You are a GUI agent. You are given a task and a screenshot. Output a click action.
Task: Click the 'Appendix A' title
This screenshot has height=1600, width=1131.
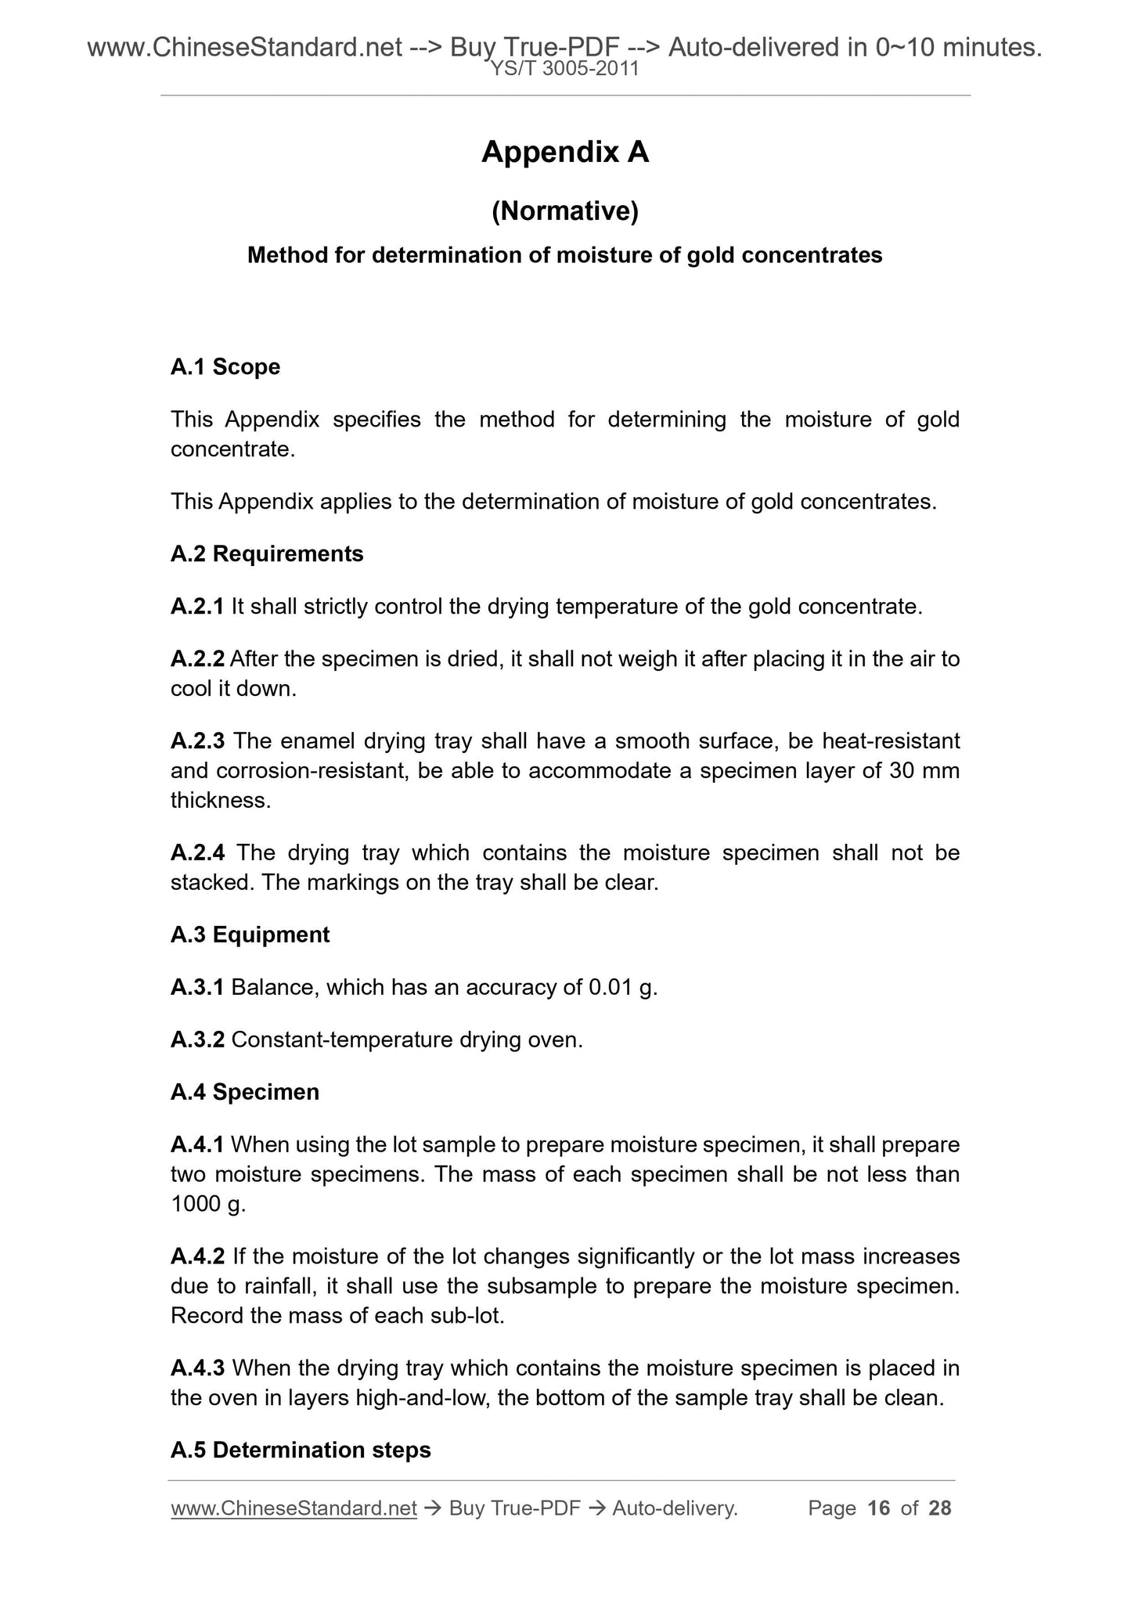coord(565,152)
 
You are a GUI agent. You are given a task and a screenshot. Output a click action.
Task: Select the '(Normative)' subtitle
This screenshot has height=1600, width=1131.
coord(565,211)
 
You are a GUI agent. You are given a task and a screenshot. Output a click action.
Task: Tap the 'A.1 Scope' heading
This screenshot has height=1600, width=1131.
coord(225,366)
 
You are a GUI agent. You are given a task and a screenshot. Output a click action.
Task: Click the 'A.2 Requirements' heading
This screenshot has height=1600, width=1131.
coord(267,554)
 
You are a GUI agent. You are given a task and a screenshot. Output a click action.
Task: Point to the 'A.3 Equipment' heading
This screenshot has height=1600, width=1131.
coord(250,935)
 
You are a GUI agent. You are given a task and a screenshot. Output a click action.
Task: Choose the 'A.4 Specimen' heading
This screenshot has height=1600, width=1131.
coord(245,1092)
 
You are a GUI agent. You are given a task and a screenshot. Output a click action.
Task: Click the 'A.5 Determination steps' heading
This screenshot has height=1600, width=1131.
coord(301,1450)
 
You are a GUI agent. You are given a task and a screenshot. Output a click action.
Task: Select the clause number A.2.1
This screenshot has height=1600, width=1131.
coord(197,607)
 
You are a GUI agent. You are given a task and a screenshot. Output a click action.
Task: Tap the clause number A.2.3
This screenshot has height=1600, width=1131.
coord(197,741)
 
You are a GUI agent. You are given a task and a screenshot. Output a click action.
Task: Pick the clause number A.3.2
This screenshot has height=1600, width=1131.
coord(197,1040)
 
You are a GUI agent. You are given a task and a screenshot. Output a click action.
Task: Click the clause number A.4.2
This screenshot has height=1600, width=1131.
coord(197,1256)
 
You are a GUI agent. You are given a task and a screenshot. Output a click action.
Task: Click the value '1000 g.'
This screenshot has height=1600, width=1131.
coord(208,1204)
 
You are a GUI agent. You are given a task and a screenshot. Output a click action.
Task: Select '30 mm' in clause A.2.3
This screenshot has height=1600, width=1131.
coord(924,771)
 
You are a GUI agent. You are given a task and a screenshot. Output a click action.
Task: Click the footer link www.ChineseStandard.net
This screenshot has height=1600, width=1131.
coord(294,1508)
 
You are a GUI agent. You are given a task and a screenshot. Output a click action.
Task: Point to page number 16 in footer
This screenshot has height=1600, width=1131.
coord(879,1508)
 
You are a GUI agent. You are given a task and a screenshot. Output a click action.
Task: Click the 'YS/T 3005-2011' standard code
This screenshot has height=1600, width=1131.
coord(565,70)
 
